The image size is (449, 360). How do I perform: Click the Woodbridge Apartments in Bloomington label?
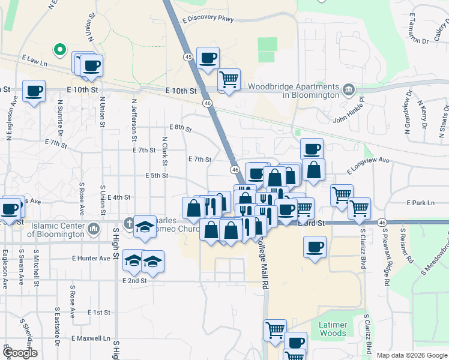294,91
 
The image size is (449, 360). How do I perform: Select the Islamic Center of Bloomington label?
53,230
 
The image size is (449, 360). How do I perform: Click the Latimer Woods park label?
333,329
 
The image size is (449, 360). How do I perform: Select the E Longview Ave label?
368,161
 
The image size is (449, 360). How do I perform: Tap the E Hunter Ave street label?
91,258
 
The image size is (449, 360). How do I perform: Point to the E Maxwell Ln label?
91,338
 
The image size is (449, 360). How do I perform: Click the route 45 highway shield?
188,56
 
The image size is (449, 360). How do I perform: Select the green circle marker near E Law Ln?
59,50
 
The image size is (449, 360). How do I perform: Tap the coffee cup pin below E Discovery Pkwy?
208,58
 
